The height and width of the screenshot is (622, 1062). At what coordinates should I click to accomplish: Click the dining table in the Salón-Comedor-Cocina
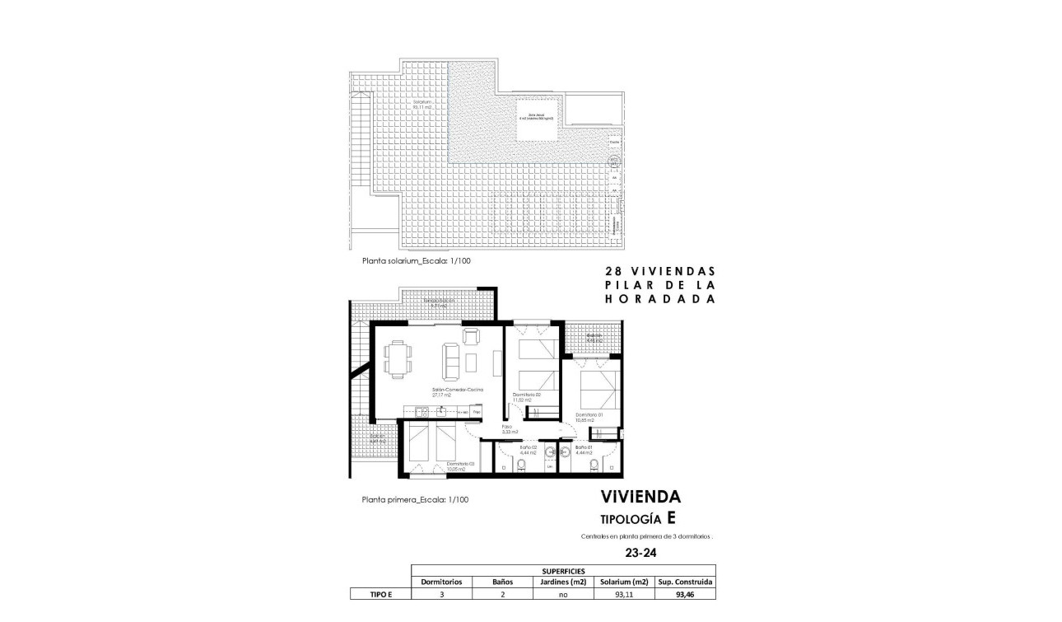[398, 359]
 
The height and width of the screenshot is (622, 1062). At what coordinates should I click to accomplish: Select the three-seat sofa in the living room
[451, 360]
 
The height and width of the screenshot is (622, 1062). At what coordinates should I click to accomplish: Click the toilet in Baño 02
[521, 465]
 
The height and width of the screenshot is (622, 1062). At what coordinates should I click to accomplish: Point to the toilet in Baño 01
[594, 465]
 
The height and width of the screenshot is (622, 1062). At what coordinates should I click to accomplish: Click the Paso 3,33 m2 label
[508, 429]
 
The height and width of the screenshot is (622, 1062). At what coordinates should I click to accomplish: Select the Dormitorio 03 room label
[460, 466]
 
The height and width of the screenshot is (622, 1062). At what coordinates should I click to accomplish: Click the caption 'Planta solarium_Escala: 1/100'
[417, 260]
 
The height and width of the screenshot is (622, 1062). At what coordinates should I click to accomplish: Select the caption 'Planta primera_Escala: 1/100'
[416, 499]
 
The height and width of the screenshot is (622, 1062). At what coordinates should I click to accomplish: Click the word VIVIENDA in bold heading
[640, 497]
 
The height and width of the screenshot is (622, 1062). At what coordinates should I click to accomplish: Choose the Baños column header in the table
[503, 582]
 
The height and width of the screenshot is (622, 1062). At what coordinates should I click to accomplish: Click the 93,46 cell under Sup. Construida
[685, 593]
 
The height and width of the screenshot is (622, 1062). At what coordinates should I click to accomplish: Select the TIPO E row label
[379, 593]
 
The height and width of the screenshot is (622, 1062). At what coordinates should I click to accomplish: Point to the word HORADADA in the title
[660, 300]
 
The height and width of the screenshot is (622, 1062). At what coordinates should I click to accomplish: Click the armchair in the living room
[471, 335]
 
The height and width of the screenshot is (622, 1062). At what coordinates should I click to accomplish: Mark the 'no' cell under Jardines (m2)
[564, 593]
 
